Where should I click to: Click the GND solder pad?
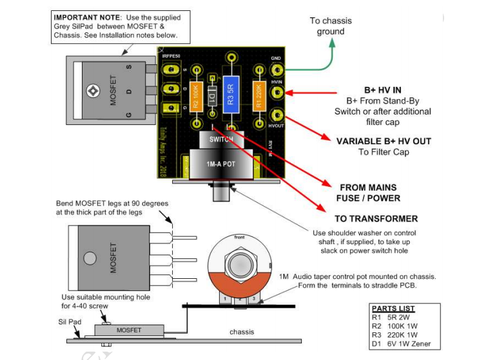click(277, 70)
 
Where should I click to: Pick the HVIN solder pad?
click(277, 93)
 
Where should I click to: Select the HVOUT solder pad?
click(277, 117)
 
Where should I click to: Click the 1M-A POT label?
click(220, 164)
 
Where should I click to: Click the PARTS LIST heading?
click(393, 309)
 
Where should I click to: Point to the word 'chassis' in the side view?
click(242, 332)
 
